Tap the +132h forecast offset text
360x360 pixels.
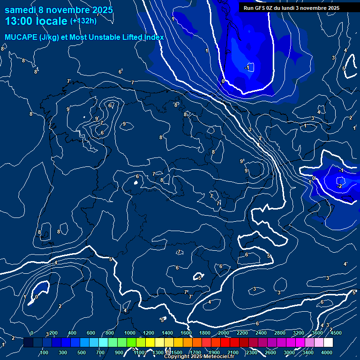pyautogui.click(x=83, y=21)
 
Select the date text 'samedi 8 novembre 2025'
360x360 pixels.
pyautogui.click(x=59, y=9)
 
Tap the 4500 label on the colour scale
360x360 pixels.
pyautogui.click(x=337, y=333)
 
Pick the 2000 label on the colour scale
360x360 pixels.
pyautogui.click(x=224, y=333)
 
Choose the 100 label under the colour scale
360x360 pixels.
pyautogui.click(x=44, y=352)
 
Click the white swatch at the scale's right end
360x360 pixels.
pyautogui.click(x=328, y=343)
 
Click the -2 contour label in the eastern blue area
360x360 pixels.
pyautogui.click(x=340, y=186)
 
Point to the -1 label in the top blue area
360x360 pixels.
pyautogui.click(x=247, y=68)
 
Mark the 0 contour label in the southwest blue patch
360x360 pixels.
pyautogui.click(x=37, y=296)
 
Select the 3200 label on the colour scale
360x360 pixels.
pyautogui.click(x=299, y=333)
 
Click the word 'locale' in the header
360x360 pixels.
pyautogui.click(x=51, y=21)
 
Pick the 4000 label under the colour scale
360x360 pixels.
pyautogui.click(x=327, y=352)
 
